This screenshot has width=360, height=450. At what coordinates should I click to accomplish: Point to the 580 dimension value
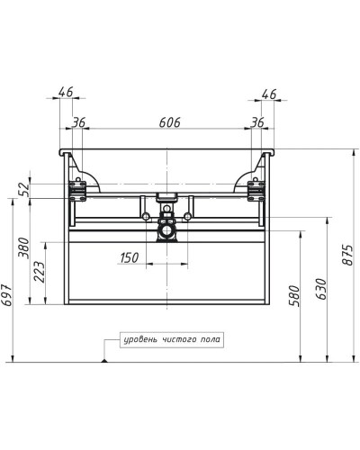click(x=292, y=296)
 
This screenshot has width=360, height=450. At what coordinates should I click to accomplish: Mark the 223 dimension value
click(x=39, y=274)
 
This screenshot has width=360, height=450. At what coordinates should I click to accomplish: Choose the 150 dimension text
click(x=130, y=258)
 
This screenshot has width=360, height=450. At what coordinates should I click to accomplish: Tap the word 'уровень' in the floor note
click(x=142, y=339)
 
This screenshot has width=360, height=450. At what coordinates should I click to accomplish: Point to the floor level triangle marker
click(x=106, y=359)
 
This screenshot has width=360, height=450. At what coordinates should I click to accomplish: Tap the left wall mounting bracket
click(x=77, y=189)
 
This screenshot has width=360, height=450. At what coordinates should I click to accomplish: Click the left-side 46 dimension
click(x=65, y=92)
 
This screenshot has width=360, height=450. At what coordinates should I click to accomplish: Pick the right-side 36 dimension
click(x=258, y=122)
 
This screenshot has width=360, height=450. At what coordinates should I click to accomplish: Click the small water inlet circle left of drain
click(x=143, y=216)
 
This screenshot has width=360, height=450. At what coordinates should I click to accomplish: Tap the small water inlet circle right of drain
click(x=188, y=216)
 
